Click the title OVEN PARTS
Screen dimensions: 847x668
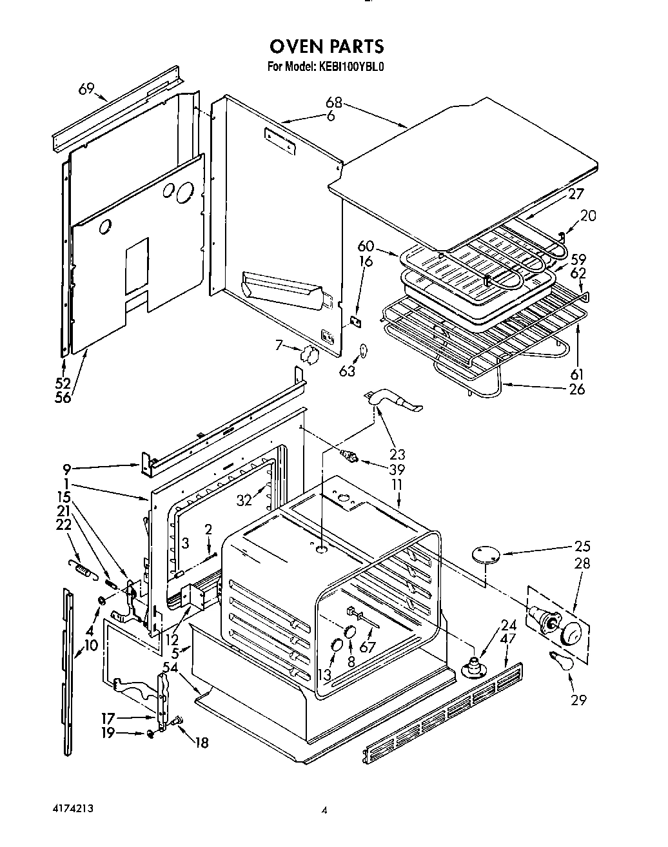(326, 46)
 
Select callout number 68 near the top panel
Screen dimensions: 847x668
(333, 102)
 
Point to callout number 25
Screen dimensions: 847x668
(582, 547)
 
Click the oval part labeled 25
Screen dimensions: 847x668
(487, 553)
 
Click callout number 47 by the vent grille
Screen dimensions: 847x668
(508, 639)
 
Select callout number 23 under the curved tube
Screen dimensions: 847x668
(397, 454)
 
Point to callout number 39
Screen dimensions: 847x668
(397, 470)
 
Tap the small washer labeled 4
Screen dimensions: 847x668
(101, 601)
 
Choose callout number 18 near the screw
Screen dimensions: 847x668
(201, 743)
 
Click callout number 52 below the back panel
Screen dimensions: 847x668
(63, 384)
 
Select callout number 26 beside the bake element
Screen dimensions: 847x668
(577, 389)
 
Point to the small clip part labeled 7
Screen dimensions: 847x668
(308, 355)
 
